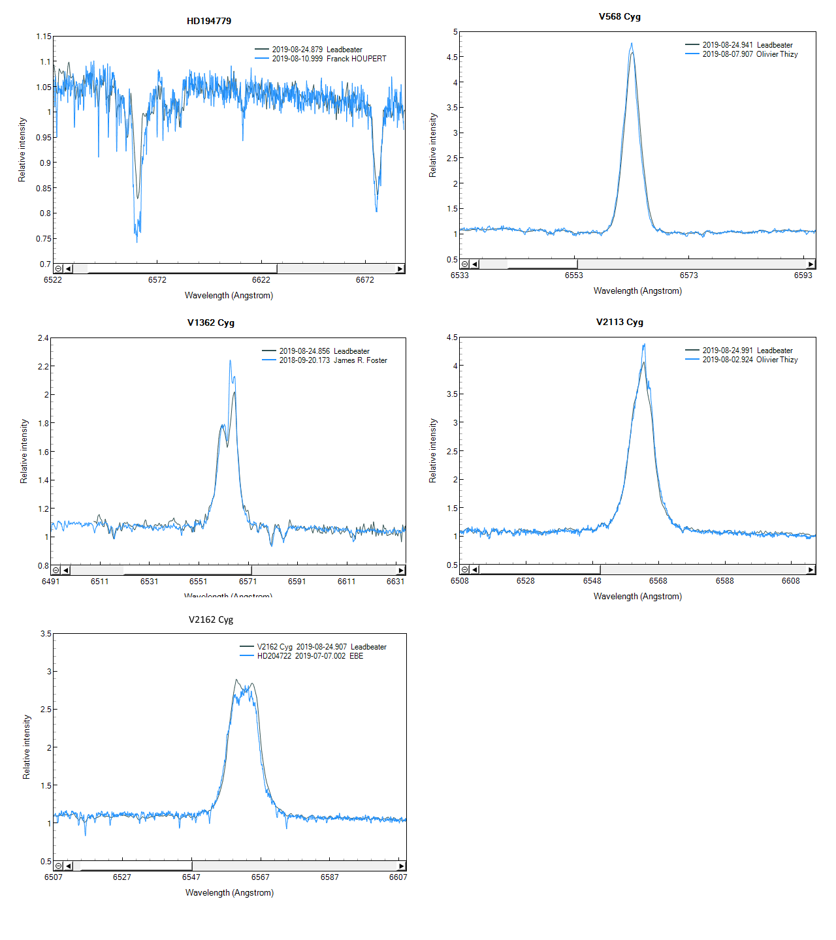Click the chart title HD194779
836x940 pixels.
coord(209,21)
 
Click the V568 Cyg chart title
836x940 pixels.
coord(619,16)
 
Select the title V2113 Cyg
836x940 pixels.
coord(619,322)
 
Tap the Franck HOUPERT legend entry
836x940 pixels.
coord(329,59)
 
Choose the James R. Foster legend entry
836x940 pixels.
coord(332,360)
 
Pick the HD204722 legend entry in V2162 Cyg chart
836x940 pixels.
coord(310,656)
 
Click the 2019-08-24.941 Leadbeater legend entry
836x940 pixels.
coord(747,45)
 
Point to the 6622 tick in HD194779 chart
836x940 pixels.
coord(261,280)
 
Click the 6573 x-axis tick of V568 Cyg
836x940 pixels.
coord(688,275)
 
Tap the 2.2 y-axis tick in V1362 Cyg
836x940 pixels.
coord(43,366)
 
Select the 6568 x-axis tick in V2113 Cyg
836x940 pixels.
coord(658,581)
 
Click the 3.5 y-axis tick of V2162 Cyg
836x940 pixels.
coord(46,634)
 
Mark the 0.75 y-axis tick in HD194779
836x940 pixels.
coord(44,239)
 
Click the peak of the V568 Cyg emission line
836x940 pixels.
coord(632,44)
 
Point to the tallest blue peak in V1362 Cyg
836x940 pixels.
coord(230,360)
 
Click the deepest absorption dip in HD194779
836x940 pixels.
coord(137,242)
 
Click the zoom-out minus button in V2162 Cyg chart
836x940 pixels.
coord(59,866)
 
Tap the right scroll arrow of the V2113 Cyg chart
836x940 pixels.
coord(811,570)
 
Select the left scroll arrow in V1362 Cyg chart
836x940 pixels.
coord(65,571)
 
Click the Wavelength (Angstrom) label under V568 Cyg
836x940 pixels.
coord(637,291)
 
